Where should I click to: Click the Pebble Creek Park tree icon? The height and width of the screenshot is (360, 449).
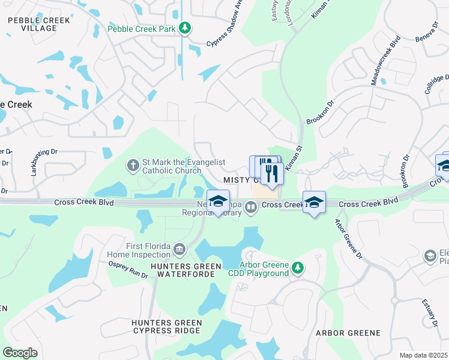pyautogui.click(x=185, y=28)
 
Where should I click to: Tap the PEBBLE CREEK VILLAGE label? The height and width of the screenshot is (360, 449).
pyautogui.click(x=39, y=25)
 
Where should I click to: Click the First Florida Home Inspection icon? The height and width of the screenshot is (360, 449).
pyautogui.click(x=179, y=249)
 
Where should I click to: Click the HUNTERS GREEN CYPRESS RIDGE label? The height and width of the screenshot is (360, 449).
pyautogui.click(x=167, y=327)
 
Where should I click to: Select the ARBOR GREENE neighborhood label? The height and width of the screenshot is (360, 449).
pyautogui.click(x=348, y=332)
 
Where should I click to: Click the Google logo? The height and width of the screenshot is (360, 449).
pyautogui.click(x=20, y=352)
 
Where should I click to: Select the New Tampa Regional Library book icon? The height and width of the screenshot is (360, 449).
pyautogui.click(x=251, y=208)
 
